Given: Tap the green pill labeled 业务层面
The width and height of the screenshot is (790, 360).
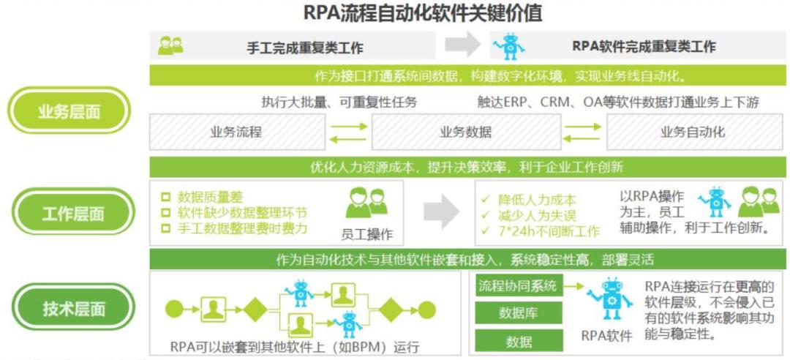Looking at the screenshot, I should click(x=69, y=111).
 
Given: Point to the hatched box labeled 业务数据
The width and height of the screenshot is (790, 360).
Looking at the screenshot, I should click(x=466, y=132).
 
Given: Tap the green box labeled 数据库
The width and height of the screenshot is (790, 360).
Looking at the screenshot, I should click(x=519, y=313).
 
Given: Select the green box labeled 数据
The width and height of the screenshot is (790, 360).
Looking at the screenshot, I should click(x=519, y=341).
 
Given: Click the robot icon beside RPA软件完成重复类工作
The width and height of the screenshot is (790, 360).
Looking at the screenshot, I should click(x=508, y=47).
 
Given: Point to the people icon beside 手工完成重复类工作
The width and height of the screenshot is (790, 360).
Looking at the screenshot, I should click(x=170, y=45).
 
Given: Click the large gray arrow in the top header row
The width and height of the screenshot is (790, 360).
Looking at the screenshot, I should click(x=462, y=45).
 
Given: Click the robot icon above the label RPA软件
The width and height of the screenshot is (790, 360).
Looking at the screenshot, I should click(x=608, y=299).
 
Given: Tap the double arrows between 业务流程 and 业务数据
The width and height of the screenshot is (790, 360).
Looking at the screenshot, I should click(x=348, y=132).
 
